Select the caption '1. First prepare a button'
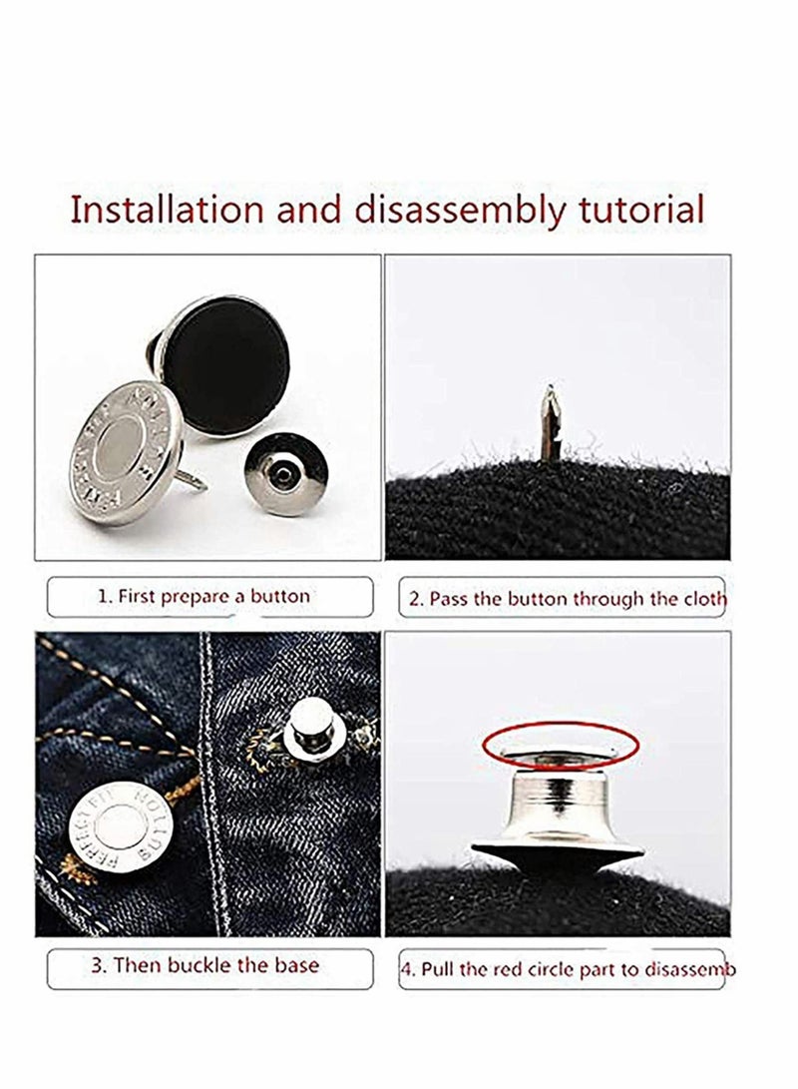click(203, 597)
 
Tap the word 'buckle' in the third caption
click(220, 965)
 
